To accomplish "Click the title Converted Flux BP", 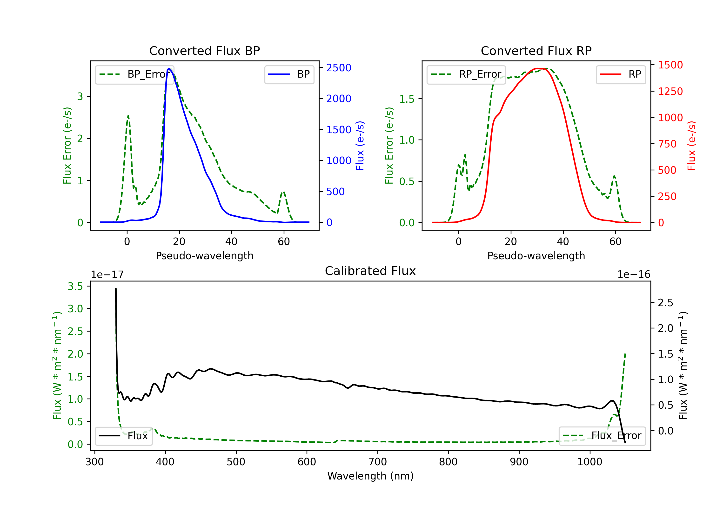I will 204,51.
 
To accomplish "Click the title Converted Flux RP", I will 536,51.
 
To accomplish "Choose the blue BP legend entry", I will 289,74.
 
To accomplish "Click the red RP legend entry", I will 621,74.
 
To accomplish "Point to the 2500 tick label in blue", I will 339,68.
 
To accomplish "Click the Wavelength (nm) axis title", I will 370,476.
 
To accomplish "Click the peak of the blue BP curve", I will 169,68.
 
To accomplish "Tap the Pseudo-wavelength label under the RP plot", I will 536,256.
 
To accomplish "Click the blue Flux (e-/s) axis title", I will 360,146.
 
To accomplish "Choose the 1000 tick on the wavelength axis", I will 589,462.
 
